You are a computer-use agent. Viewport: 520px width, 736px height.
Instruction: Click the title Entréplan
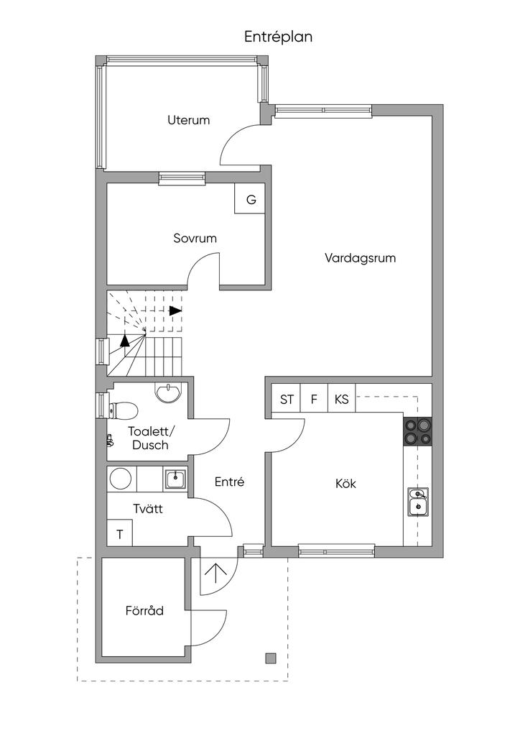point(278,37)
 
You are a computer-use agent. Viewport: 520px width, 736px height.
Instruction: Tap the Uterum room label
point(189,120)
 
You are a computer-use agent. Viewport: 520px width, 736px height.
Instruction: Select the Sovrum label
point(195,238)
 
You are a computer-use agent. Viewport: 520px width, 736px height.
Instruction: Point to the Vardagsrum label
point(360,257)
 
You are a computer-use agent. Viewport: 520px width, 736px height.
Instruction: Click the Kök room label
point(345,484)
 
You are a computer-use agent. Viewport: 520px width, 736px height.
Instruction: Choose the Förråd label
point(144,611)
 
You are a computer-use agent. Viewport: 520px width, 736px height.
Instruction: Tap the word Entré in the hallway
point(230,482)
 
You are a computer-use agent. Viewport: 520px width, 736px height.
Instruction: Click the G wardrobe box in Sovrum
point(251,200)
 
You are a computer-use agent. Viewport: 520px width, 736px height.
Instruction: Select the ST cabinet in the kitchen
point(287,400)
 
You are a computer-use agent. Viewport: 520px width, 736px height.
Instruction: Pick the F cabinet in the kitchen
point(314,400)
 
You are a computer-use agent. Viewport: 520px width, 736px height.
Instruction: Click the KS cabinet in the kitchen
point(342,400)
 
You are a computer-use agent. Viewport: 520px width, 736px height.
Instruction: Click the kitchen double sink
point(418,502)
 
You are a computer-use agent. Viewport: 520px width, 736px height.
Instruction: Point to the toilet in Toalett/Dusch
point(124,410)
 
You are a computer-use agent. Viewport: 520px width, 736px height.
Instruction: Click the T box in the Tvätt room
point(119,534)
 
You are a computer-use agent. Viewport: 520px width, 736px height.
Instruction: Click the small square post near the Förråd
point(271,658)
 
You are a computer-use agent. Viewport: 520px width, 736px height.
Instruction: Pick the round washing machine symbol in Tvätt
point(120,479)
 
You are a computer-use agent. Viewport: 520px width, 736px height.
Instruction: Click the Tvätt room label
point(148,509)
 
